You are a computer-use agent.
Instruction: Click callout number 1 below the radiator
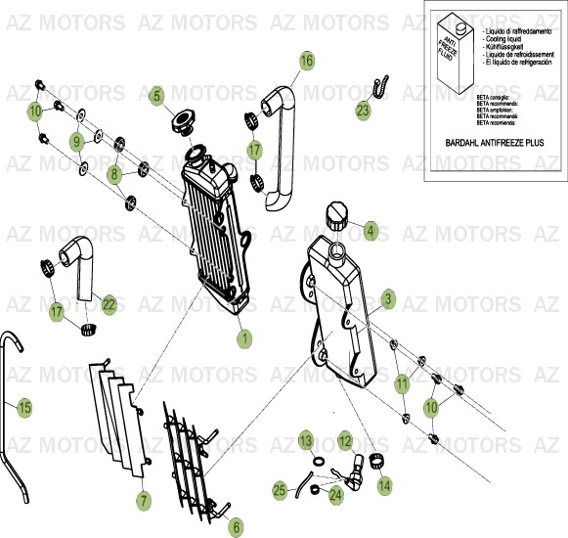(x=244, y=338)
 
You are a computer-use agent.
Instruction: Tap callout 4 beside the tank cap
(x=370, y=232)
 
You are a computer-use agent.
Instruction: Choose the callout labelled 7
(x=144, y=500)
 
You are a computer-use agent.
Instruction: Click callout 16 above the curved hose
(x=307, y=62)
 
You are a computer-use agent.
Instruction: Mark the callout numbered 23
(x=363, y=111)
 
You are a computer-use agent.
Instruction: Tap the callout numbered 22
(x=109, y=305)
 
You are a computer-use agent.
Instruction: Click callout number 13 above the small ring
(x=306, y=439)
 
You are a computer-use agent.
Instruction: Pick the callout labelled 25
(x=280, y=489)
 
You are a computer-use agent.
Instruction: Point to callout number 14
(x=384, y=483)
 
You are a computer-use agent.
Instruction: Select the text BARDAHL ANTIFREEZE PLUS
(x=494, y=143)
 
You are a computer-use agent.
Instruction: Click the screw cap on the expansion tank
(x=336, y=213)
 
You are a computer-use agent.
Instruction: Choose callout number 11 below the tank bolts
(x=402, y=384)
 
